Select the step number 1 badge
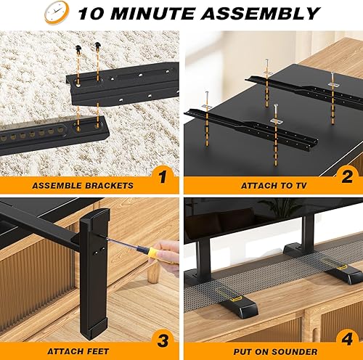pyautogui.click(x=162, y=175)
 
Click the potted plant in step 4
pyautogui.click(x=280, y=207)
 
